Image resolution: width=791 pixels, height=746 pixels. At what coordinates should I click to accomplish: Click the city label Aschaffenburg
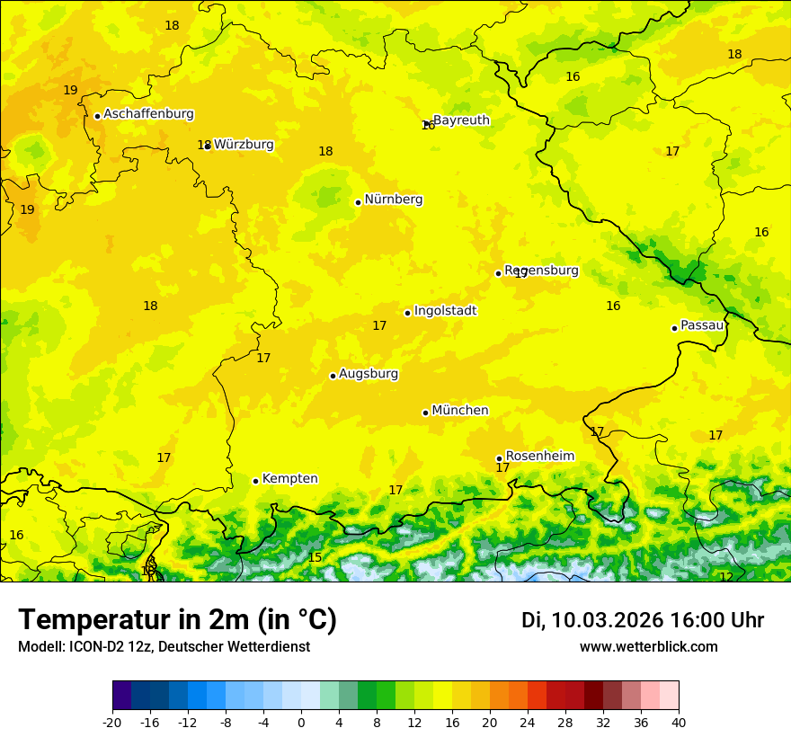tap(148, 114)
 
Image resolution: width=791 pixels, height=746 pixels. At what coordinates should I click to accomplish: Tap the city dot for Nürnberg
tap(358, 202)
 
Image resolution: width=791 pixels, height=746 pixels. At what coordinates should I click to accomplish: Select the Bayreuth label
tap(461, 120)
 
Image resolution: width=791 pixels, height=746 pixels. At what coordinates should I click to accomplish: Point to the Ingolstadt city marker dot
tap(407, 313)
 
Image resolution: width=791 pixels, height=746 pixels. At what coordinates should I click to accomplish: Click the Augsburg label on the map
tap(369, 374)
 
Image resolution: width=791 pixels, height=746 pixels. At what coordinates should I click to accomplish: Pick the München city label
tap(460, 411)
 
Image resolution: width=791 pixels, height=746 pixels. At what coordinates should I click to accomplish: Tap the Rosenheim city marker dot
tap(499, 458)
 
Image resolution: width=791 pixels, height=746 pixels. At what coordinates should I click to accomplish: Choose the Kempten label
tap(289, 479)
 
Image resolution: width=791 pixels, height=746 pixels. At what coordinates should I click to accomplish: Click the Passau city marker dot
tap(674, 328)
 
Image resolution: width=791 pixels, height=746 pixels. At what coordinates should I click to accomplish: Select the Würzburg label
tap(244, 145)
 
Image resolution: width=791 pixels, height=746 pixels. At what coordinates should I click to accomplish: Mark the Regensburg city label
tap(541, 271)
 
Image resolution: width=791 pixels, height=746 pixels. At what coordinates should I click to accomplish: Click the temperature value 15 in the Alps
tap(315, 558)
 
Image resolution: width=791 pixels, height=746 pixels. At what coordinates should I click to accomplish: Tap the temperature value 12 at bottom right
tap(726, 577)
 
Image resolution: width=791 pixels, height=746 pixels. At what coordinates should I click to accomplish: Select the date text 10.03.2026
tap(608, 620)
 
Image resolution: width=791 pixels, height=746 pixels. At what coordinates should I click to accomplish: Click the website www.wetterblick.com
tap(648, 647)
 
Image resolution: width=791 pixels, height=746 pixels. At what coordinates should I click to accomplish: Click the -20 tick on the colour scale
tap(112, 722)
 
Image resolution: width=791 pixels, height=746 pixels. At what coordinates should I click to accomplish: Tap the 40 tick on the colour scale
tap(679, 722)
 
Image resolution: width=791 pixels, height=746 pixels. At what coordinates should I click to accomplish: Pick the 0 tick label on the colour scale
tap(301, 722)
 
